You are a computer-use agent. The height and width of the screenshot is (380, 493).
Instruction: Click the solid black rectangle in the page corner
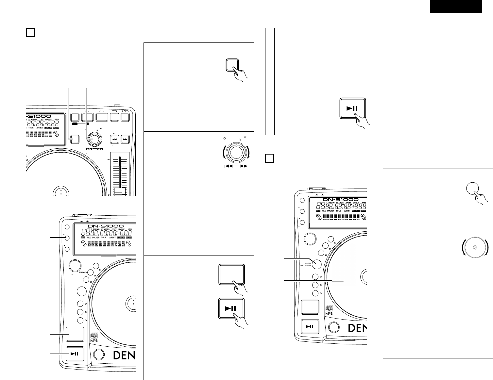455,7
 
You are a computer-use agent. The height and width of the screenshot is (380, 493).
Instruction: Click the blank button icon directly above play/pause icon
231,275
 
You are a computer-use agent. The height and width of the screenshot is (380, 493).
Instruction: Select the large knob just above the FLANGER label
75,265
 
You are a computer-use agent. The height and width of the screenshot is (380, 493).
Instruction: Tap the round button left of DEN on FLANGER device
99,354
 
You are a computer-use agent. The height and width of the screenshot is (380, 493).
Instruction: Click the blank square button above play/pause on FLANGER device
75,336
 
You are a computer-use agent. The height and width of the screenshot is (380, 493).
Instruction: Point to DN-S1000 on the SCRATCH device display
340,199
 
